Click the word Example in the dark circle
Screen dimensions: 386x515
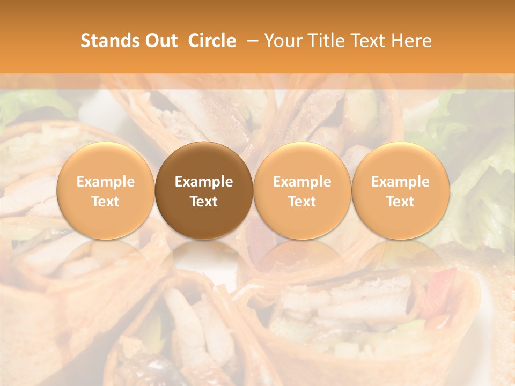pos(204,182)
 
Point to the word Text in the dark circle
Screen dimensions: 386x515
pos(204,202)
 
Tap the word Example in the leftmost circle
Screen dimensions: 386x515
pos(106,182)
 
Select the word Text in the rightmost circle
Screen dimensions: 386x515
pos(400,202)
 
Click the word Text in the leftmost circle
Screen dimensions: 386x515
pos(106,202)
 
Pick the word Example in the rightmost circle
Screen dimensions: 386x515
pos(400,182)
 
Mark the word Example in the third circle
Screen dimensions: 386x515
pos(302,182)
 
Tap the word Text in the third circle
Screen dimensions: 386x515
pos(302,202)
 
